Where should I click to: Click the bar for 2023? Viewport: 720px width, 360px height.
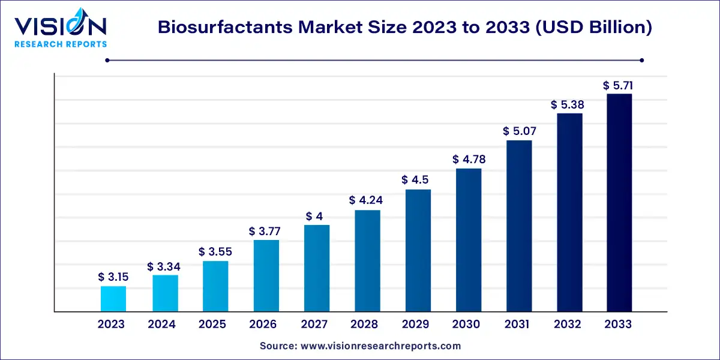tap(113, 299)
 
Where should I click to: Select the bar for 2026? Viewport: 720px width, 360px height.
tap(266, 276)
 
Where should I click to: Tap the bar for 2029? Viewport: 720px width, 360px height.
tap(418, 251)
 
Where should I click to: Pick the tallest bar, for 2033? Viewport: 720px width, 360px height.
tap(619, 203)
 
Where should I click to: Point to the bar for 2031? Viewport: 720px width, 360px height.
tap(519, 226)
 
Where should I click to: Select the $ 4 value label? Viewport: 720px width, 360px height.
tap(317, 216)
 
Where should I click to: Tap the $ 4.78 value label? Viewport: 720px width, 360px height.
tap(469, 160)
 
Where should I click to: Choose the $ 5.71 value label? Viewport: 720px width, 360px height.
tap(619, 86)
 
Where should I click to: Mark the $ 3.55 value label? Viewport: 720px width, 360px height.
tap(215, 252)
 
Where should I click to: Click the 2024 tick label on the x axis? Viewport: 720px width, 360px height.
tap(162, 325)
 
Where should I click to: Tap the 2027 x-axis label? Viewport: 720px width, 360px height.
tap(314, 325)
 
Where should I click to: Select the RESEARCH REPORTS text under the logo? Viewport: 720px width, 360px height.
tap(60, 44)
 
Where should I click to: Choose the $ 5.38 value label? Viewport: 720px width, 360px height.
tap(568, 105)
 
